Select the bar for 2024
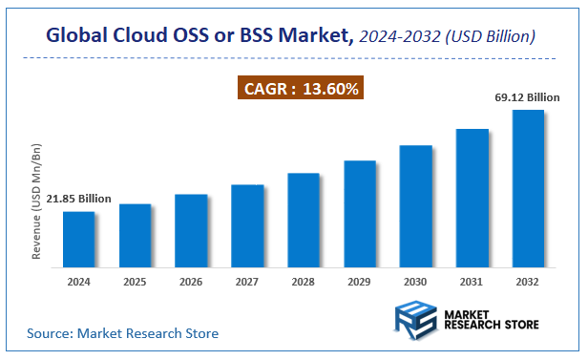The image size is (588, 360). click(x=79, y=241)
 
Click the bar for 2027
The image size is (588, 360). click(x=247, y=227)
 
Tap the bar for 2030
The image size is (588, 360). click(x=416, y=207)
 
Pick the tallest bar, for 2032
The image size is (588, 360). click(x=528, y=190)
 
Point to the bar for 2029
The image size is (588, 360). click(x=360, y=215)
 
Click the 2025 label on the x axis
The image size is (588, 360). click(x=135, y=283)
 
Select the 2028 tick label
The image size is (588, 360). click(x=304, y=283)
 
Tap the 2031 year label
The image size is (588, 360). click(x=472, y=283)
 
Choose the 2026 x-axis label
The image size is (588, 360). click(x=191, y=283)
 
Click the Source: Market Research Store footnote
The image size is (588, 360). click(x=122, y=333)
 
